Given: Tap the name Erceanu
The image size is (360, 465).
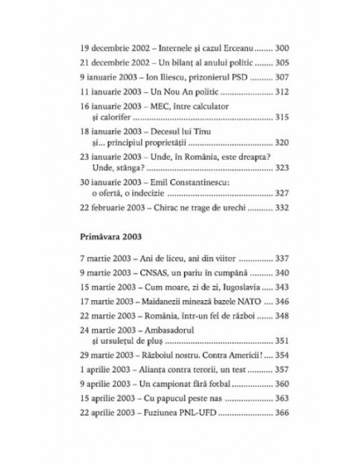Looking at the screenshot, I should pos(232,46).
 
